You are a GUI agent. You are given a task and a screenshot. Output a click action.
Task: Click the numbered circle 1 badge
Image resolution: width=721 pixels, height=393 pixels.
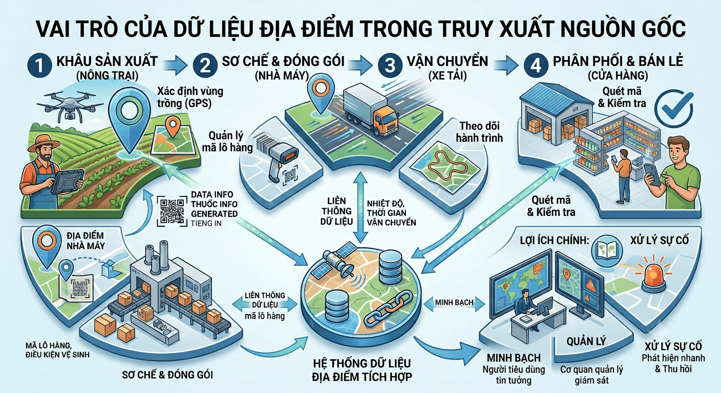[x=39, y=65]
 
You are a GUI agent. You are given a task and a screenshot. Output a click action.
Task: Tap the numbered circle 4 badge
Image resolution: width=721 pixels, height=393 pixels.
[x=536, y=65]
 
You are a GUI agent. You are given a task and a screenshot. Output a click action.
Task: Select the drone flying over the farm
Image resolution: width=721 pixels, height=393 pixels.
[x=70, y=103]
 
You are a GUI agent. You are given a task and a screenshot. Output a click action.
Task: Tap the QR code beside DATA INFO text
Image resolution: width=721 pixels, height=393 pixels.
[x=172, y=212]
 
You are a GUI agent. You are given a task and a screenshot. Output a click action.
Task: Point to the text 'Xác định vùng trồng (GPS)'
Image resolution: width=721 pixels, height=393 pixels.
[x=190, y=97]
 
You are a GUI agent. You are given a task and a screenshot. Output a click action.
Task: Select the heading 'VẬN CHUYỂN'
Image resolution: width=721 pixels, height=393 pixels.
[x=448, y=61]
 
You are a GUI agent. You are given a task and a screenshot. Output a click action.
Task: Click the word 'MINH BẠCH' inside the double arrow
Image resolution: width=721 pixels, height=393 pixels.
[x=454, y=302]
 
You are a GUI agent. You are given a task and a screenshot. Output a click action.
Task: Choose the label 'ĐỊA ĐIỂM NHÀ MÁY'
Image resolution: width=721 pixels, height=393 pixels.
[x=86, y=241]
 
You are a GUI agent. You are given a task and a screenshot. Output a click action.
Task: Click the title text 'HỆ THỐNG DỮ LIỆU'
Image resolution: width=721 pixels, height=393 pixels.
[x=362, y=363]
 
